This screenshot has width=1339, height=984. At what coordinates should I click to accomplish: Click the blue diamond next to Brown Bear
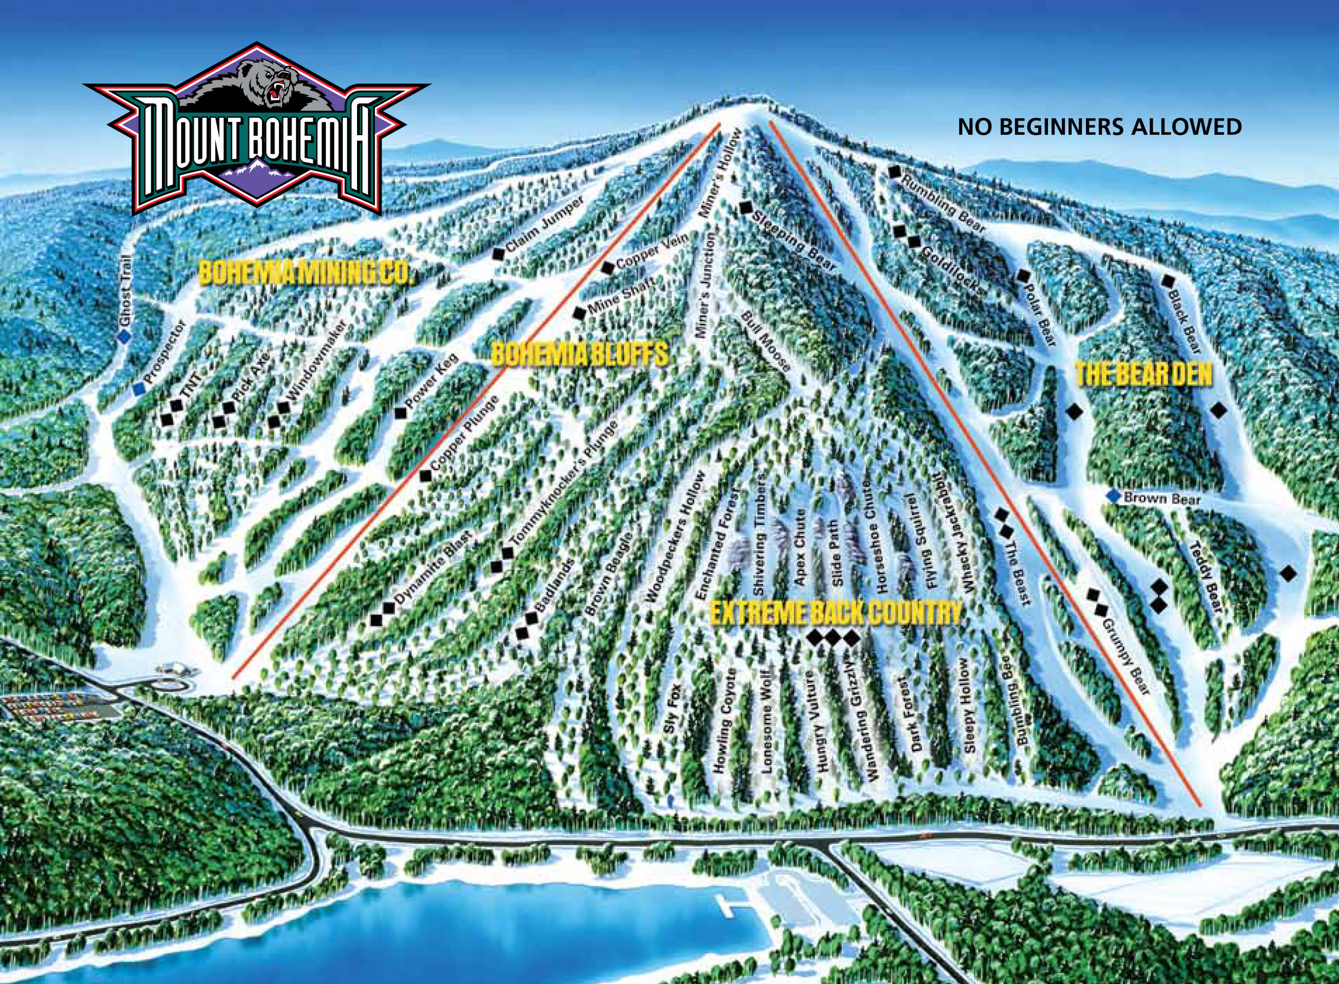click(x=1111, y=496)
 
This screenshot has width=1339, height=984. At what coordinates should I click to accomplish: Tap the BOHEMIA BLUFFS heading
click(x=579, y=355)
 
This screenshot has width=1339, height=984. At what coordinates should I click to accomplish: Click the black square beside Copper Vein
click(x=607, y=268)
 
